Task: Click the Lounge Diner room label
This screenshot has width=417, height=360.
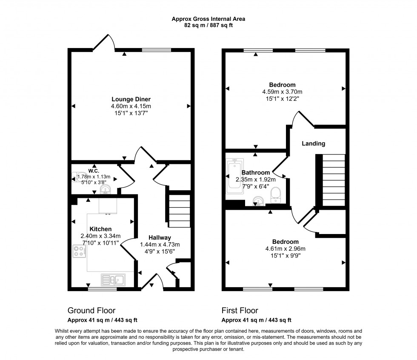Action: [131, 99]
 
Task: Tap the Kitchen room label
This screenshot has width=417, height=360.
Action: [100, 229]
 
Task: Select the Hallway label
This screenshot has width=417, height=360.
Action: [160, 237]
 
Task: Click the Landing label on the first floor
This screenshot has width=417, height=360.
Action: [313, 143]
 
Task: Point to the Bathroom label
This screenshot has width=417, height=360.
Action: [255, 172]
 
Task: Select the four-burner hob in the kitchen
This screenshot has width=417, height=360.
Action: [79, 251]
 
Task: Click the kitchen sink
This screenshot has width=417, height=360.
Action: [113, 280]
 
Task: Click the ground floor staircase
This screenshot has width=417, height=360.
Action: [178, 211]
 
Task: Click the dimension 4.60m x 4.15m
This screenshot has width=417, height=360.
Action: [131, 106]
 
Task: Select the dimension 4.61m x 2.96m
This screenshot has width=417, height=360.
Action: [286, 249]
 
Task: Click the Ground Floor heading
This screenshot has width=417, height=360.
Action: [91, 311]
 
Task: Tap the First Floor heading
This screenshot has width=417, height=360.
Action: [240, 311]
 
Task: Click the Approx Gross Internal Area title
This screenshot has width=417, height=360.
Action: [208, 19]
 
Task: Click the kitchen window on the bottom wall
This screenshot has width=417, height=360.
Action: [103, 289]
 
